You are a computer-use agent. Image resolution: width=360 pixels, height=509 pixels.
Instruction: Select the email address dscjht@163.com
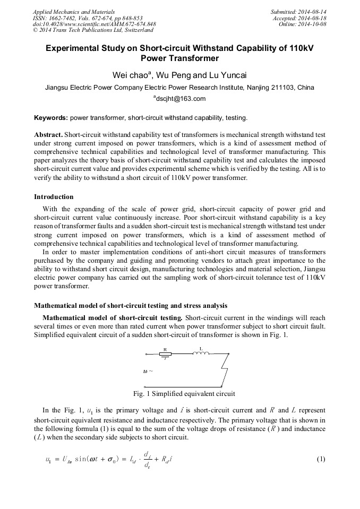tap(181, 98)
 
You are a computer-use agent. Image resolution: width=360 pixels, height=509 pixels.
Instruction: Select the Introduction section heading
tap(54, 196)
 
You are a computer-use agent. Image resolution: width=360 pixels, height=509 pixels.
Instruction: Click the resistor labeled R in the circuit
tap(165, 353)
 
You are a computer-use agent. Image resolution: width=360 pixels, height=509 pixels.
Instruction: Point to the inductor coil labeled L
tap(201, 352)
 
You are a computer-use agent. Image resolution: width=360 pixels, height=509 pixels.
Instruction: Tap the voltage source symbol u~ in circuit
tap(148, 371)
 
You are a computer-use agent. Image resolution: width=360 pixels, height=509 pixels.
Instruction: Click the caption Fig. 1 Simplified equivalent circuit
tap(184, 394)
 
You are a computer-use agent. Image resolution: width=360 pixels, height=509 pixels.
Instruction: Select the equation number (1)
tap(320, 459)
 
